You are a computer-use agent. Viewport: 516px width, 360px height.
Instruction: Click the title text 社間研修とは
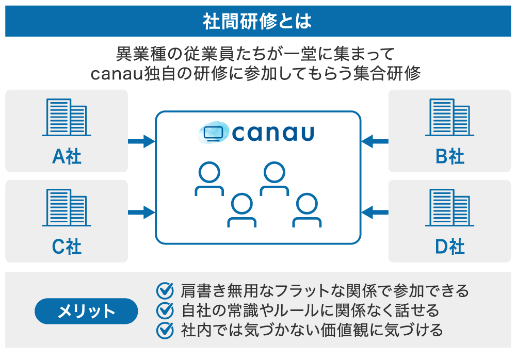click(257, 21)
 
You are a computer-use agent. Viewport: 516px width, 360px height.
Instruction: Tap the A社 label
click(67, 156)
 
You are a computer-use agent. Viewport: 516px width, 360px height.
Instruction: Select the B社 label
click(450, 156)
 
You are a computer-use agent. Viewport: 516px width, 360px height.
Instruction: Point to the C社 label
click(67, 247)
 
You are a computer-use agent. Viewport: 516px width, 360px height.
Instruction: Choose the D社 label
click(450, 247)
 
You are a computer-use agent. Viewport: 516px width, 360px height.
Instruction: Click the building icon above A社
click(67, 118)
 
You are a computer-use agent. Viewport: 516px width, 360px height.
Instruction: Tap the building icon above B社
click(449, 118)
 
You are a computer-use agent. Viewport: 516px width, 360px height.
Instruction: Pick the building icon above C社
click(67, 208)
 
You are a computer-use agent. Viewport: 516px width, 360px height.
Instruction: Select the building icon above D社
click(449, 208)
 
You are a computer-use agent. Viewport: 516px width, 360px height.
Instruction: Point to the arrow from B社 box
click(375, 140)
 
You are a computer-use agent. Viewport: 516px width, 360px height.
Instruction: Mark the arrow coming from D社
click(375, 211)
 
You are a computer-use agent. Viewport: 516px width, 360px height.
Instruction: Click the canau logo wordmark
click(273, 133)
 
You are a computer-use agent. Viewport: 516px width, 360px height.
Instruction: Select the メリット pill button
click(86, 311)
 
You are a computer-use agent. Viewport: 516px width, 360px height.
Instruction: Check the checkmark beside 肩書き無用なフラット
click(165, 291)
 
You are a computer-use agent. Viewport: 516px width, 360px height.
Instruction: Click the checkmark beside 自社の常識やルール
click(165, 310)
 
